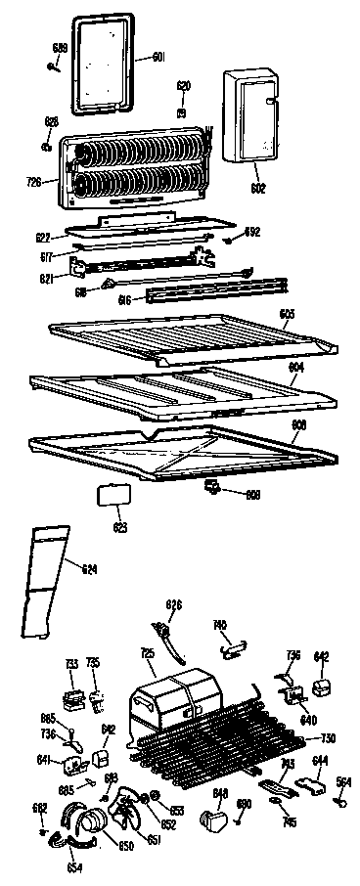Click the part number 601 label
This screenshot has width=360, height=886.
pyautogui.click(x=157, y=58)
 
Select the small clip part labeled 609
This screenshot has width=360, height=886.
pyautogui.click(x=211, y=486)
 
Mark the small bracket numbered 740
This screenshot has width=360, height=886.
pyautogui.click(x=232, y=642)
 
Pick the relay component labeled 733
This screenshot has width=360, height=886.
pyautogui.click(x=70, y=698)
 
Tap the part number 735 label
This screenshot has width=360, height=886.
pyautogui.click(x=93, y=663)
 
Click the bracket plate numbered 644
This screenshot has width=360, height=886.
pyautogui.click(x=313, y=781)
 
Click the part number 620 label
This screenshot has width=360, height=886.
pyautogui.click(x=182, y=85)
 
